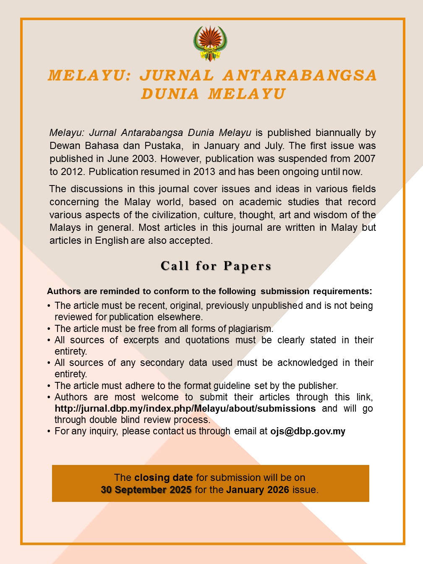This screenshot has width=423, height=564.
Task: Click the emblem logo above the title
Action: pos(210,44)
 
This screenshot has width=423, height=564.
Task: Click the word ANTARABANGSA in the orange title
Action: pos(300,76)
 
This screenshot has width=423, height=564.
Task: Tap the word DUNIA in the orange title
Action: pos(170,94)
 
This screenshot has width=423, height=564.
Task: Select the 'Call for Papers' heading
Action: pos(216,266)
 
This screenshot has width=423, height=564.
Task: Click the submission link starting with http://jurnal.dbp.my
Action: pos(185,409)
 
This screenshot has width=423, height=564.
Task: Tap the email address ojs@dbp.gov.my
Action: pos(308,431)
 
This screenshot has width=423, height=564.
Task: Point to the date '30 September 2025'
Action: pos(146,490)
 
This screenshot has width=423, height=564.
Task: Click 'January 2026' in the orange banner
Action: pos(258,490)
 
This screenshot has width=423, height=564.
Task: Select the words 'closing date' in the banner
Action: pos(164,478)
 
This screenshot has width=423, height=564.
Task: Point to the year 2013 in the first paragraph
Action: pos(204,172)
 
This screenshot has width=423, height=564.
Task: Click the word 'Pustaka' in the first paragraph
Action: pos(164,146)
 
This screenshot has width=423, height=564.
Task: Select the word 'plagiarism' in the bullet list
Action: pos(251,329)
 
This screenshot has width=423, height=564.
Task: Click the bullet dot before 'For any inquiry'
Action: pos(49,431)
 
